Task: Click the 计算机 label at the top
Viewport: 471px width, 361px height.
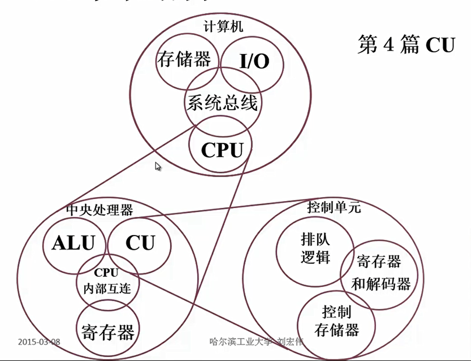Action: click(223, 27)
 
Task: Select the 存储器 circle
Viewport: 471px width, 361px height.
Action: click(184, 59)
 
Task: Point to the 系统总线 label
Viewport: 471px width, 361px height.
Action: click(222, 103)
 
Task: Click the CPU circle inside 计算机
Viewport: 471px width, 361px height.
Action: click(222, 150)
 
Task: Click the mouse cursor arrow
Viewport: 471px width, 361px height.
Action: click(158, 166)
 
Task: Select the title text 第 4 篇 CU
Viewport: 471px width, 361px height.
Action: click(406, 45)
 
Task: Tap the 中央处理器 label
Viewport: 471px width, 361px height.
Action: click(99, 210)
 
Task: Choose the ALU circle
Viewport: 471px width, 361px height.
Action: click(73, 242)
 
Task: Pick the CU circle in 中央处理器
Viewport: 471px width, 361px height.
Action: click(140, 242)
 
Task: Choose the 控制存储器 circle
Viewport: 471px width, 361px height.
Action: click(337, 322)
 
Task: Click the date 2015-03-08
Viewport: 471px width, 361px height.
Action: click(39, 342)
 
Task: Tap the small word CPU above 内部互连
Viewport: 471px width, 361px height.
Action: click(107, 273)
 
